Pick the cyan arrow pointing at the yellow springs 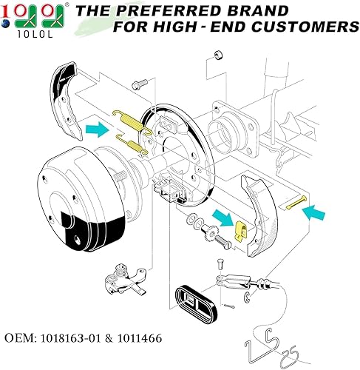coord(96,130)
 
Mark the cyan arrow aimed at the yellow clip coord(219,217)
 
